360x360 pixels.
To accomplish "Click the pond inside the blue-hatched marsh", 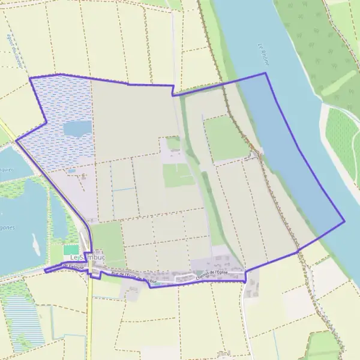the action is [x=77, y=128].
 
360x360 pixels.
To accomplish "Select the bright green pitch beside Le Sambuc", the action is [x=71, y=249].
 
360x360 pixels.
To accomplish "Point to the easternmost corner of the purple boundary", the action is [x=344, y=221].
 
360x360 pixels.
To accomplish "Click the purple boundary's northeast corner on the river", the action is [x=265, y=73].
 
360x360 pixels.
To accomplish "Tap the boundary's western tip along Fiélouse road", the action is [x=45, y=271].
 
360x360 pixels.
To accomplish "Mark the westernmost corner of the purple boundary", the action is [x=16, y=140].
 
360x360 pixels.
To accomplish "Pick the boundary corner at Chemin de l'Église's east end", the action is [x=245, y=280].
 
